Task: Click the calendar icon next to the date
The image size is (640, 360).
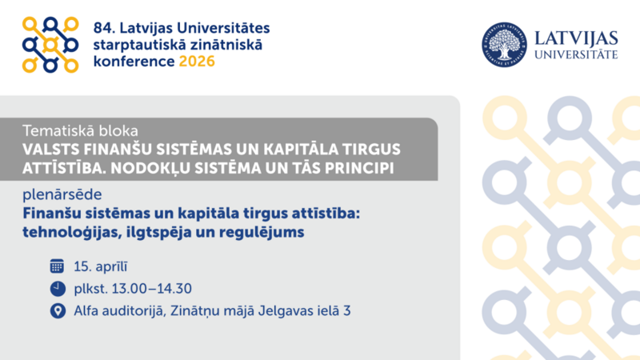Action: (57, 266)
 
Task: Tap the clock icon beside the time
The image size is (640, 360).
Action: (57, 288)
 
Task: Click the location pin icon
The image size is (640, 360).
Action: (57, 310)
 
